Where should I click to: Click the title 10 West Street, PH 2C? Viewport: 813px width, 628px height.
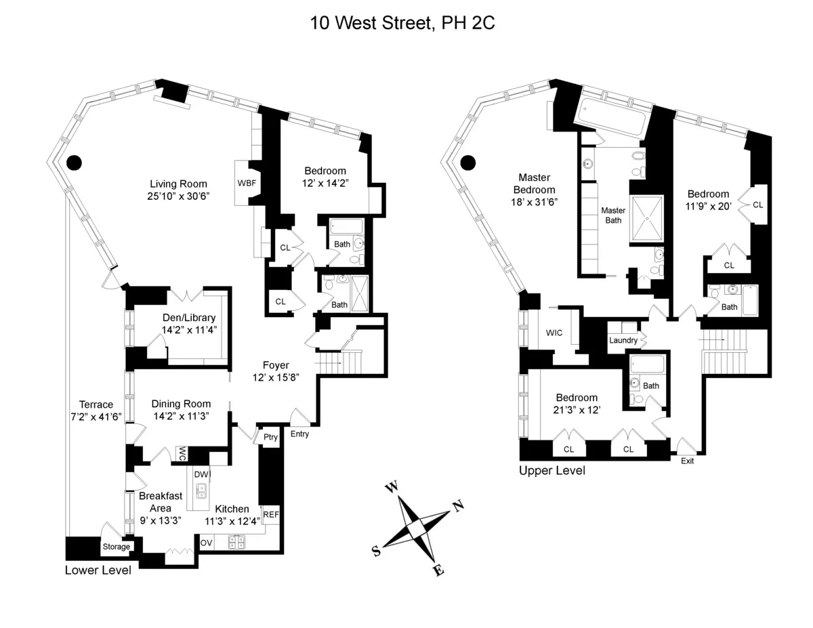click(x=402, y=23)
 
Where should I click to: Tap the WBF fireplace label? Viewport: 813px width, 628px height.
click(x=247, y=183)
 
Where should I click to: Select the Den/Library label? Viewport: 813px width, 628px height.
click(x=188, y=318)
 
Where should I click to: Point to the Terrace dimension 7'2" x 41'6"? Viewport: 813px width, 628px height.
click(x=96, y=417)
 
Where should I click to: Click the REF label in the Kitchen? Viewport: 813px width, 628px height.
click(x=271, y=515)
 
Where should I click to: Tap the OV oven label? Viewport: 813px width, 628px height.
click(x=206, y=543)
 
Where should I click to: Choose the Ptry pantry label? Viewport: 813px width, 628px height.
click(x=270, y=437)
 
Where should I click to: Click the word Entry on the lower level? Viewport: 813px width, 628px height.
click(x=299, y=434)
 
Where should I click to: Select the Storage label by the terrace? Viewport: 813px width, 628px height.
click(x=116, y=546)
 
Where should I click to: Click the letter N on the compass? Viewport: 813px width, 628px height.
click(x=458, y=505)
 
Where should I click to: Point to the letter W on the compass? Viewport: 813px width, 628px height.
click(x=391, y=487)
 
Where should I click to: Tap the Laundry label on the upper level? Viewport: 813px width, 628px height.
click(x=623, y=340)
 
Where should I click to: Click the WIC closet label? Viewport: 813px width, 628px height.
click(x=555, y=333)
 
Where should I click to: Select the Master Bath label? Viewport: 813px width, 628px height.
click(x=613, y=215)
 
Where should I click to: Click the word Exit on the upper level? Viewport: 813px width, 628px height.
click(x=688, y=461)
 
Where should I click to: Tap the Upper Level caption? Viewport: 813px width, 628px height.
click(x=551, y=470)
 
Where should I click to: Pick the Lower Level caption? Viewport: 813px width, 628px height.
click(x=98, y=570)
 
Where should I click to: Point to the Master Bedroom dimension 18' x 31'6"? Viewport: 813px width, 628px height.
click(x=533, y=202)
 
